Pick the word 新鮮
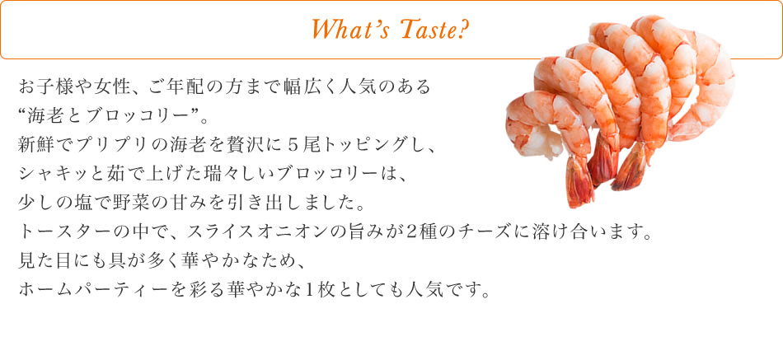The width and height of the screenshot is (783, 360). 35,145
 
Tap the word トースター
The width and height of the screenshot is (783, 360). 59,231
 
